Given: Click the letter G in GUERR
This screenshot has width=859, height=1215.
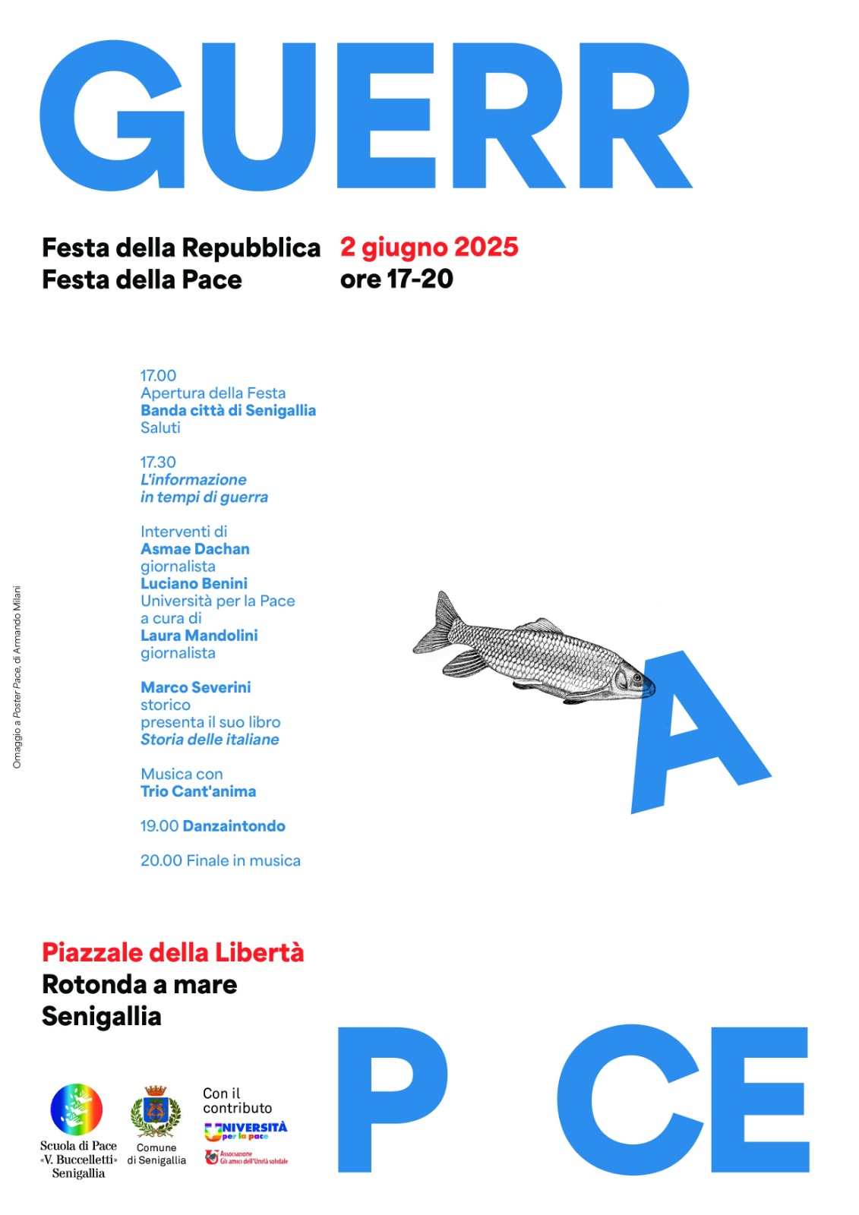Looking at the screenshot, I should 112,115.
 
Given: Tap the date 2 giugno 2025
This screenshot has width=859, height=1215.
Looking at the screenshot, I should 429,247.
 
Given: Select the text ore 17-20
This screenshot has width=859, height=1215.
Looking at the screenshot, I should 396,279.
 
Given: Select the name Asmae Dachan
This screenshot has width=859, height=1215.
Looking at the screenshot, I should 195,548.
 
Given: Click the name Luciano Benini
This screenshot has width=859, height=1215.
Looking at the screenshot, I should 194,583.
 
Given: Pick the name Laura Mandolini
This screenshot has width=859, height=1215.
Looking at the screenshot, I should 199,635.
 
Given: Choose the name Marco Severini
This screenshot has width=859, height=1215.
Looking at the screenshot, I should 195,687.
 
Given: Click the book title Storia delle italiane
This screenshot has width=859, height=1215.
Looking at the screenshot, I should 210,739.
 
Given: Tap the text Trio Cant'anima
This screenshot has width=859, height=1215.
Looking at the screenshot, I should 198,791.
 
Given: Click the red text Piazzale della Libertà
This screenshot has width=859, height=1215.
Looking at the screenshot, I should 172,952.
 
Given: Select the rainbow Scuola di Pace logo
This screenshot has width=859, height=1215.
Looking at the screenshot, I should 76,1109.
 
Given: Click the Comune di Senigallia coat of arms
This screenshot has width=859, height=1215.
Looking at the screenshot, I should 156,1111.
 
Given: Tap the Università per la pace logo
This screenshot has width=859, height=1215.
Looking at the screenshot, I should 245,1131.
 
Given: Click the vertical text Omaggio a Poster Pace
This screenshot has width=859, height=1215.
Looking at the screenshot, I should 17,677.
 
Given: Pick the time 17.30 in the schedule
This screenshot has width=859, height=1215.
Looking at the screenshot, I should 158,462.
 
